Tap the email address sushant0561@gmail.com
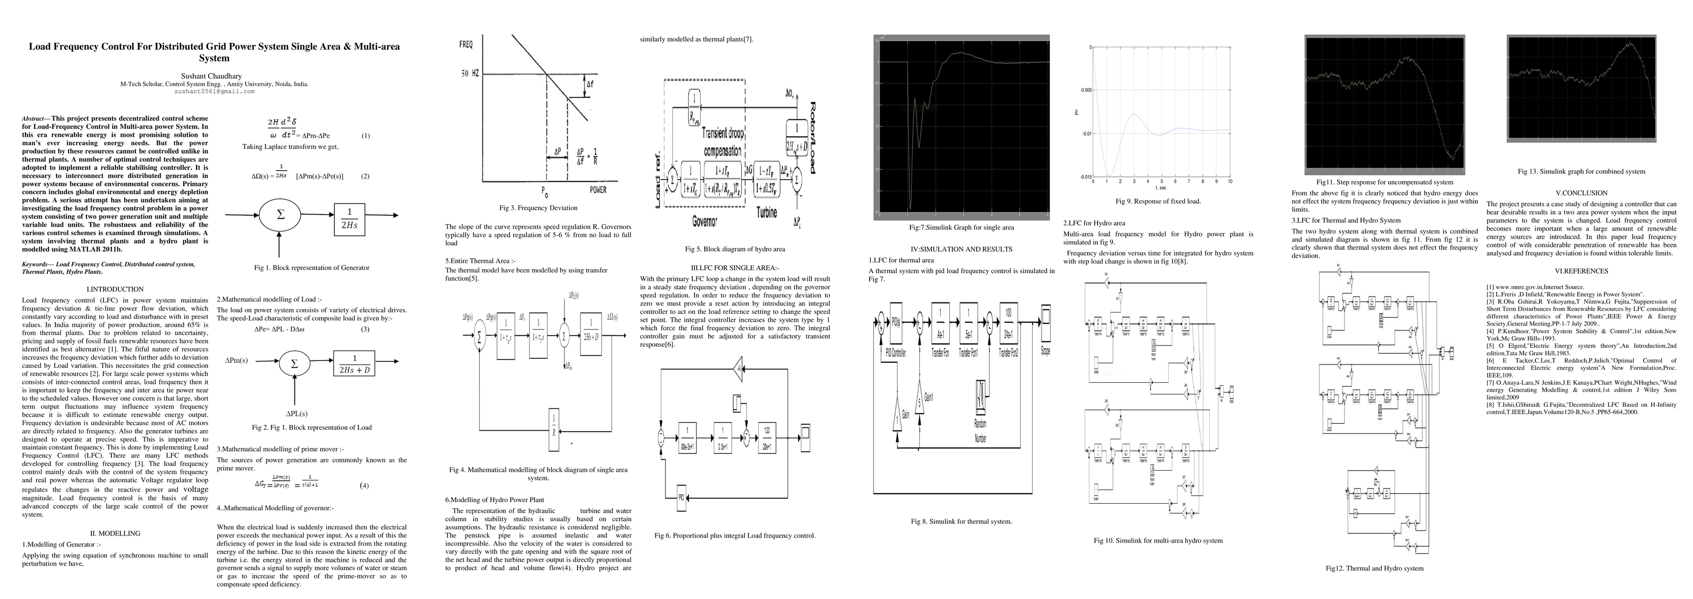pos(214,91)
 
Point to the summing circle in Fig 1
pos(281,215)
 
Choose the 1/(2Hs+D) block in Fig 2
pos(355,363)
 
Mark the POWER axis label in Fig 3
pos(598,190)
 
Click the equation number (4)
pos(364,486)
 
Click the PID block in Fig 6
pos(681,497)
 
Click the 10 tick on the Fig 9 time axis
pos(1230,182)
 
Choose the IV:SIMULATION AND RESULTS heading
pos(961,249)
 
